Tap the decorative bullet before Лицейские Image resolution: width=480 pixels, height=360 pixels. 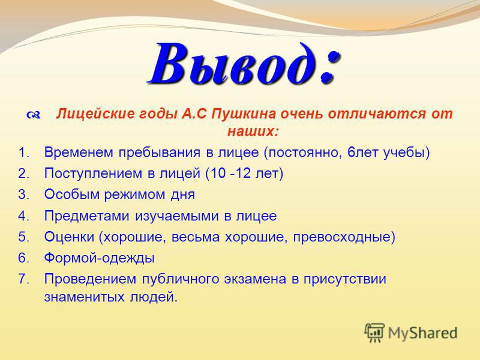point(34,115)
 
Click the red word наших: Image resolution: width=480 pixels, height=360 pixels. point(253,131)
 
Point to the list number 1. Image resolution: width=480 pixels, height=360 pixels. point(23,152)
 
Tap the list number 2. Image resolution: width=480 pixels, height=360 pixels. point(23,173)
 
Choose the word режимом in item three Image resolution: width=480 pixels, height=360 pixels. point(134,194)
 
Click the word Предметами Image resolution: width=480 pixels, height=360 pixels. point(87,216)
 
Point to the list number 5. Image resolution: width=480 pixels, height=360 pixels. point(23,237)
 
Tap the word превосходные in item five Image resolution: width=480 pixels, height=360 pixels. point(341,237)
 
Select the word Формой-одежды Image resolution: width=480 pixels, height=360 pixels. point(100,258)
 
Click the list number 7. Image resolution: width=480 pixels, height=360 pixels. point(23,279)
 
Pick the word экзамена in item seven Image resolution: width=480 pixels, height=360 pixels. point(255,279)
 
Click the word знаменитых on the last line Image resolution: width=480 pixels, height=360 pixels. point(84,297)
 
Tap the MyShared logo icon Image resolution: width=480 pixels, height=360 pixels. point(374,332)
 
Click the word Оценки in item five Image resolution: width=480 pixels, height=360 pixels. point(69,237)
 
